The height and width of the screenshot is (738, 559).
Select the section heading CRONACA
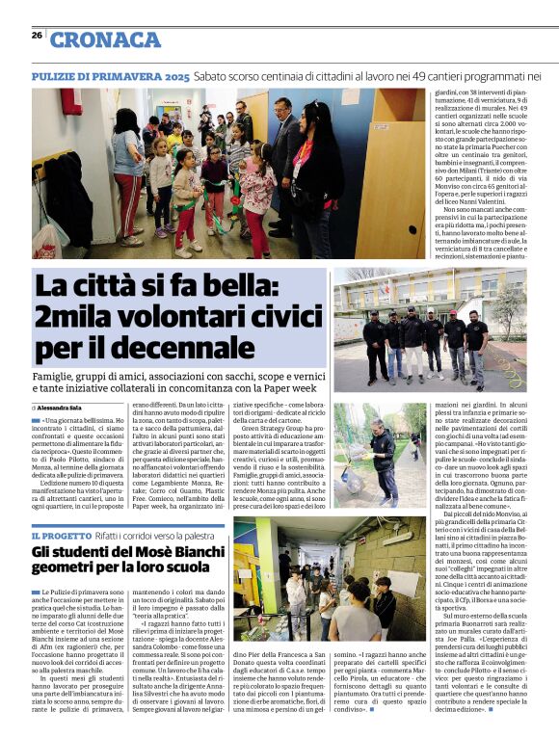click(x=105, y=40)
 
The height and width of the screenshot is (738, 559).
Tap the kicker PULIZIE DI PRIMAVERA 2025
click(x=110, y=75)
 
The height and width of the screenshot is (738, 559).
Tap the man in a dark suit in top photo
click(x=281, y=164)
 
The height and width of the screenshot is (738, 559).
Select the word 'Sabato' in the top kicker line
click(x=216, y=75)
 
